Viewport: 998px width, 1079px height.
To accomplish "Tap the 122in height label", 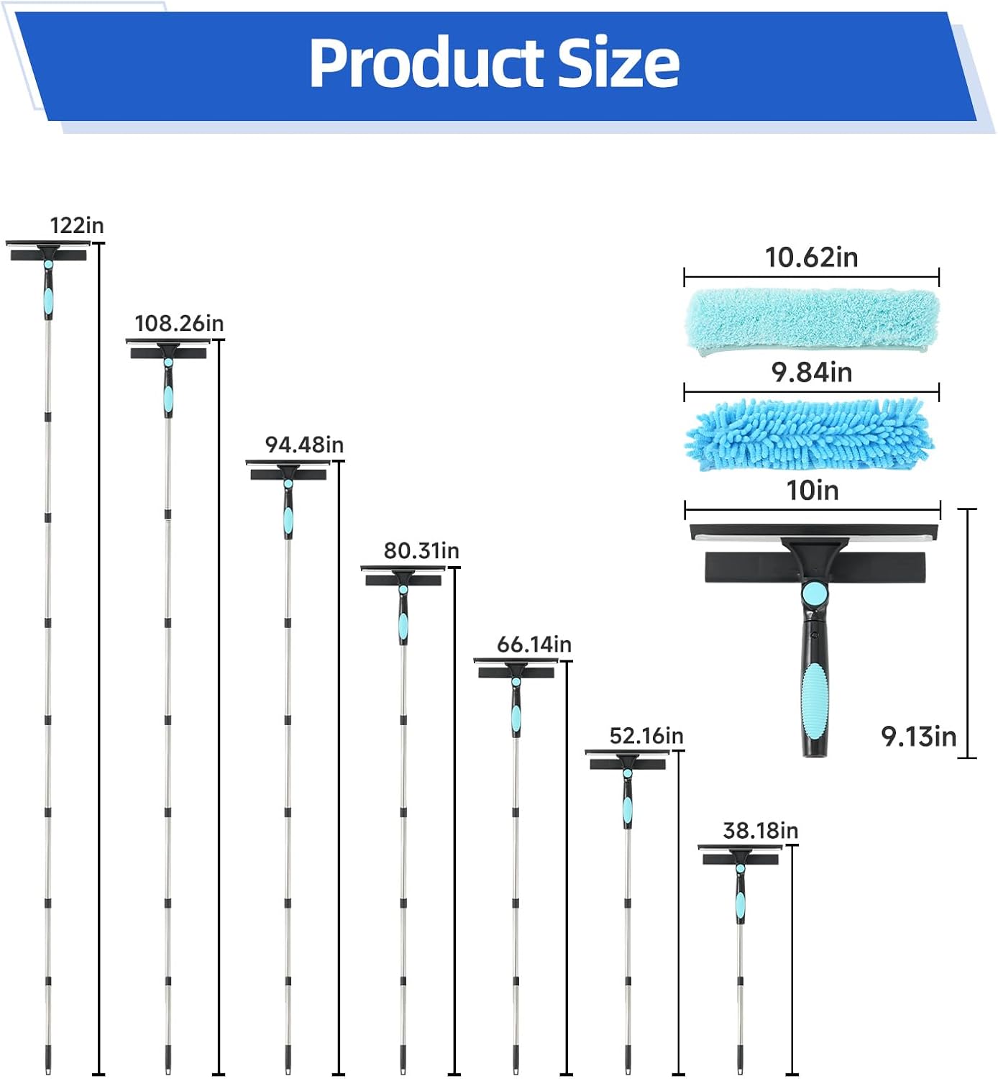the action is (x=77, y=225).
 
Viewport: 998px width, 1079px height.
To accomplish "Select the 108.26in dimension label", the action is (x=179, y=323).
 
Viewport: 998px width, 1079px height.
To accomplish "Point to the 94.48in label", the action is (x=304, y=445).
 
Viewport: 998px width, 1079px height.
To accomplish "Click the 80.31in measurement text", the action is (x=421, y=550).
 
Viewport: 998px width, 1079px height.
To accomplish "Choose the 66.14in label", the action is (x=534, y=645).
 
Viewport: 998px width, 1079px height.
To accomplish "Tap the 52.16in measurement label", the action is (x=646, y=736).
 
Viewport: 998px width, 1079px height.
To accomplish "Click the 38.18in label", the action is (x=761, y=830).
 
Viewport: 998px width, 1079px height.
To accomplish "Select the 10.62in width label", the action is (x=812, y=257).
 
